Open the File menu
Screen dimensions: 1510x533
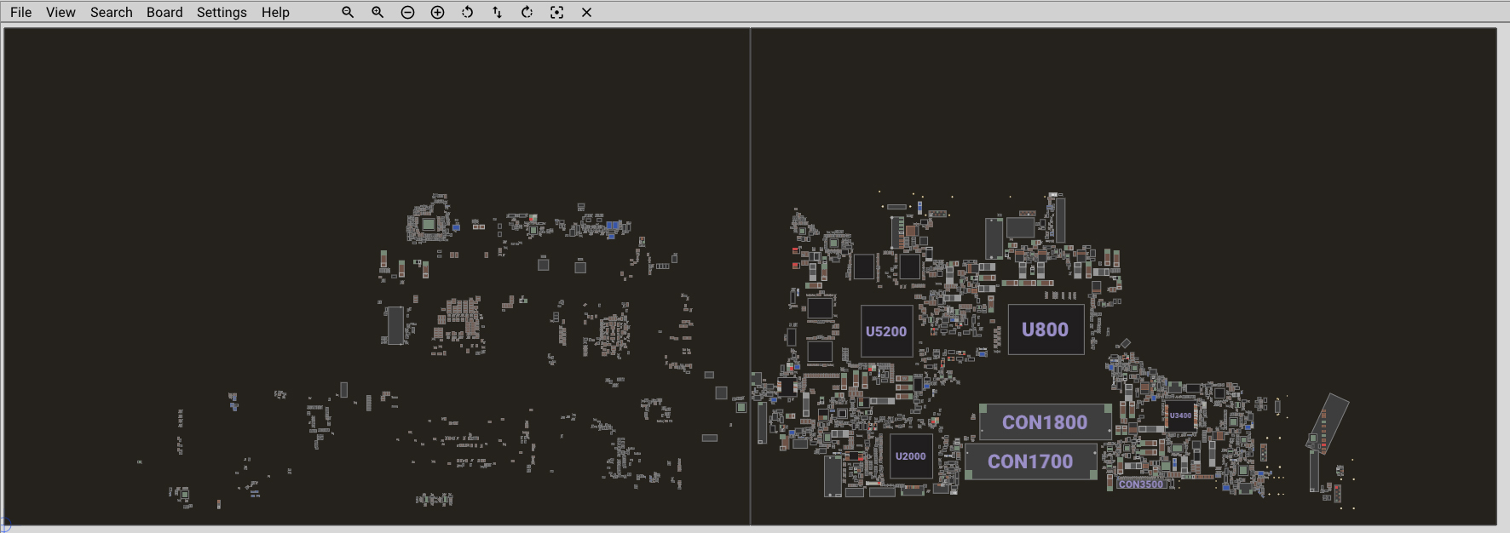click(20, 12)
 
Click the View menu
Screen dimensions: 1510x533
click(61, 12)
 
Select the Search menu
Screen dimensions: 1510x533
click(112, 12)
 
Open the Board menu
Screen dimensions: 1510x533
click(164, 12)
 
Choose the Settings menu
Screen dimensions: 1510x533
click(222, 12)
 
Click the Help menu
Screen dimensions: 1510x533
click(275, 12)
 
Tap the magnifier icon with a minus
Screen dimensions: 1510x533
click(348, 12)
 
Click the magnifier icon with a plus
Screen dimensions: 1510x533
click(377, 12)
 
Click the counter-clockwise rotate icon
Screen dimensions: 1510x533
click(467, 12)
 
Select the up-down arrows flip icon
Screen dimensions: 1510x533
click(497, 12)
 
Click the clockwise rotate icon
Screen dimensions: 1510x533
click(527, 12)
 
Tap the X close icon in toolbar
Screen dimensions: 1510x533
click(586, 12)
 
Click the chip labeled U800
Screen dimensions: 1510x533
click(1046, 330)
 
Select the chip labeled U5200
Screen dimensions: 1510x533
click(886, 331)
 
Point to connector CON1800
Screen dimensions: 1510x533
click(1045, 422)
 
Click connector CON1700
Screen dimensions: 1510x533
click(1030, 461)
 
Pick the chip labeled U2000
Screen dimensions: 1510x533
click(910, 456)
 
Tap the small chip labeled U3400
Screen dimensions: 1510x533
click(1180, 416)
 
